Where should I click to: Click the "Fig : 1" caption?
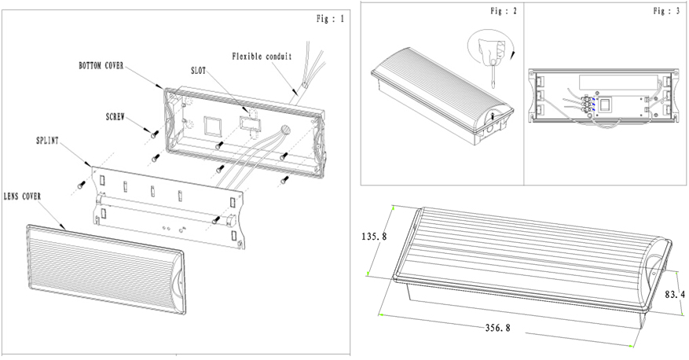coord(328,19)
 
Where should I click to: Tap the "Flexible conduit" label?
coord(262,56)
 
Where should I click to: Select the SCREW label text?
coord(117,115)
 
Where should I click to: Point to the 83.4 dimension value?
coord(674,295)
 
